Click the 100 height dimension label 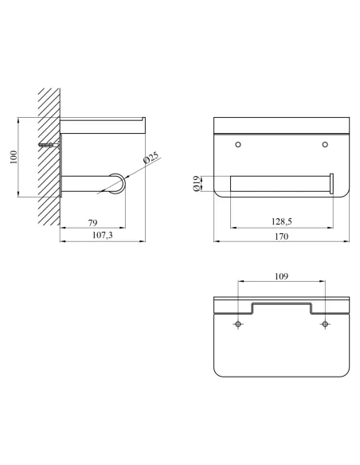14,157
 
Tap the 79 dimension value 93,222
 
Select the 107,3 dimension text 103,235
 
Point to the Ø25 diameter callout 151,158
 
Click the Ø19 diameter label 196,184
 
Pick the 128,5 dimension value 282,221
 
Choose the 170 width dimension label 281,236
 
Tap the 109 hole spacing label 281,276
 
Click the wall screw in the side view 49,145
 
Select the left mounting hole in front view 238,144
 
